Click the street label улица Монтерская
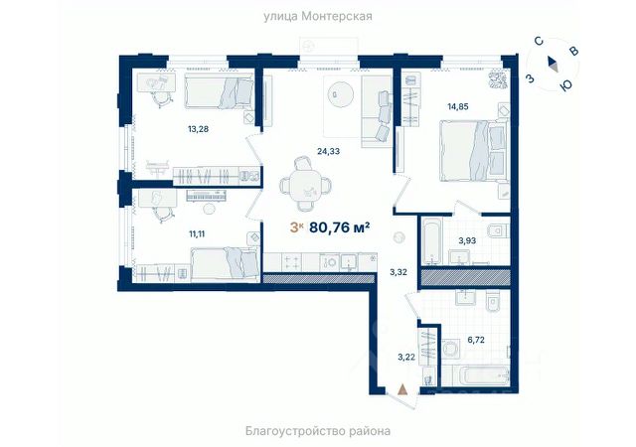pyautogui.click(x=318, y=17)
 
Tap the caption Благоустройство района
pyautogui.click(x=318, y=431)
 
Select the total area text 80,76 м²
pyautogui.click(x=339, y=227)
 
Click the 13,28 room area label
pyautogui.click(x=198, y=129)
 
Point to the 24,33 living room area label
pyautogui.click(x=328, y=151)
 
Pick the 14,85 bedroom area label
pyautogui.click(x=458, y=106)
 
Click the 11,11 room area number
pyautogui.click(x=197, y=233)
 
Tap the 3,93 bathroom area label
pyautogui.click(x=467, y=240)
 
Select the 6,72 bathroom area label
pyautogui.click(x=476, y=340)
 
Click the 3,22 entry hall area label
pyautogui.click(x=406, y=357)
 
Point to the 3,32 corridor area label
pyautogui.click(x=398, y=272)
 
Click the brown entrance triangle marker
pyautogui.click(x=402, y=389)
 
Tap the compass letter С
pyautogui.click(x=539, y=41)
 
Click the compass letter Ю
pyautogui.click(x=565, y=84)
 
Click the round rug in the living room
pyautogui.click(x=341, y=94)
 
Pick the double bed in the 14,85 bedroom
pyautogui.click(x=474, y=150)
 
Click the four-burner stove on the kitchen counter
pyautogui.click(x=291, y=261)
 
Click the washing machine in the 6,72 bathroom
pyautogui.click(x=449, y=349)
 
